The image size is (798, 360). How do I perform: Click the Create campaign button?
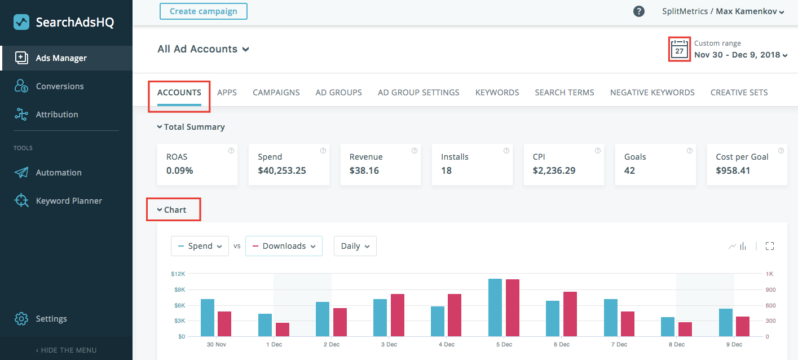[204, 11]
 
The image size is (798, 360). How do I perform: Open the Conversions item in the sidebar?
[59, 86]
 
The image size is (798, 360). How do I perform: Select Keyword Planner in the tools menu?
[69, 201]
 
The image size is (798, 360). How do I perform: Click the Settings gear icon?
[21, 319]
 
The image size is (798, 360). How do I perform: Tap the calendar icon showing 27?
[680, 50]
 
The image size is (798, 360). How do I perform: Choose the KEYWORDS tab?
[497, 93]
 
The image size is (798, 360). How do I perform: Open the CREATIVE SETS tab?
[739, 93]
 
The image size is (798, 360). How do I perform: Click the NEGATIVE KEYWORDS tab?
[652, 93]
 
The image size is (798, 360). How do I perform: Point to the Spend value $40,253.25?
[282, 170]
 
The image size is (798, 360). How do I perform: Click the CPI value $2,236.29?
[554, 170]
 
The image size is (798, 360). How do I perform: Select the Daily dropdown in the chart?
[355, 246]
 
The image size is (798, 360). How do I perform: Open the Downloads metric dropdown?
[284, 246]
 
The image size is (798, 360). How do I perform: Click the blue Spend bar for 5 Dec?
[495, 308]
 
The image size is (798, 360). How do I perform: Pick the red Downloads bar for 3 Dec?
[398, 315]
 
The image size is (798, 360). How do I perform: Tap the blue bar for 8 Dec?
[668, 327]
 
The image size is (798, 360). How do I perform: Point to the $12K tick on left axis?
[178, 274]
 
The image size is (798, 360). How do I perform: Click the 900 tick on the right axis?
[770, 290]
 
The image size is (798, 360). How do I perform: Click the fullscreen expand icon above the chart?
[770, 246]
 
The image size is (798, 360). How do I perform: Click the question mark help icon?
[639, 11]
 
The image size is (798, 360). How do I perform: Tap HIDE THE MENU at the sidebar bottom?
[66, 350]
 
